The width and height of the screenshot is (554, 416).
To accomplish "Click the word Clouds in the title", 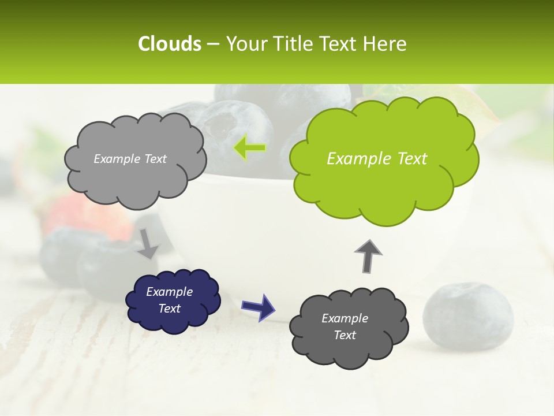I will (170, 44).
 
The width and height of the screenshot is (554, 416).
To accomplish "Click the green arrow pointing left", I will (250, 148).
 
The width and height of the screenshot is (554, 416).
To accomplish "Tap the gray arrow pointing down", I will (147, 244).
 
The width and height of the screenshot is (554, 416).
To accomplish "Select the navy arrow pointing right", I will (259, 306).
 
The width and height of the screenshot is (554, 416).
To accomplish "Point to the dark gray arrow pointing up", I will (368, 256).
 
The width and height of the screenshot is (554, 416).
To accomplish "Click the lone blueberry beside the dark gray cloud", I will (468, 317).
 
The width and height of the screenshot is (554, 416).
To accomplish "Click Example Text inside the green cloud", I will (377, 159).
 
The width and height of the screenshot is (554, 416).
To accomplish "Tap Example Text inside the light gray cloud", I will (130, 159).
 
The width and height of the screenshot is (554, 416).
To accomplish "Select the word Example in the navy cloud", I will (169, 292).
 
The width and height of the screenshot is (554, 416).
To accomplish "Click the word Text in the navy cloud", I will (169, 309).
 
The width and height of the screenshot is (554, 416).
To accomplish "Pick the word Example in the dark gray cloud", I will (345, 318).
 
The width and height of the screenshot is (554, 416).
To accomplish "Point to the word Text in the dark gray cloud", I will (345, 335).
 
